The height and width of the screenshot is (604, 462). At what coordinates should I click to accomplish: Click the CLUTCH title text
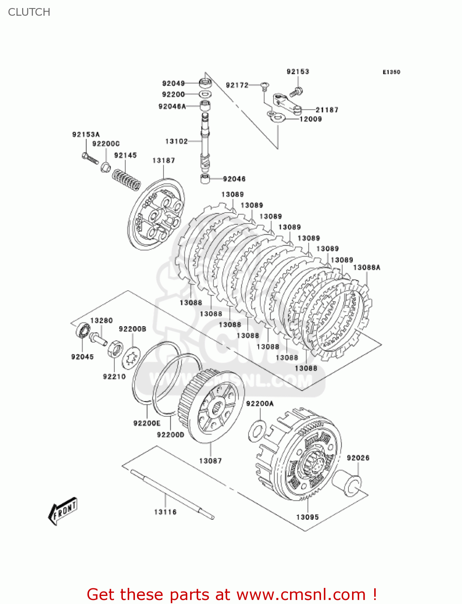point(29,12)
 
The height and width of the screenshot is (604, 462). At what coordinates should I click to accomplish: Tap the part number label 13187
point(164,161)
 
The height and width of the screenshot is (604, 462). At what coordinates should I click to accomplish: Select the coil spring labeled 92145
point(126,180)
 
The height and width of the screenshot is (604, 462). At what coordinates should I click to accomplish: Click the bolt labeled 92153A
point(90,158)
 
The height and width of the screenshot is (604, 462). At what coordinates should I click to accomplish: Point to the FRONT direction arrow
point(63,511)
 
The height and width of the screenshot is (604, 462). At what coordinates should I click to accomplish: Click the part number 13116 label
point(165,512)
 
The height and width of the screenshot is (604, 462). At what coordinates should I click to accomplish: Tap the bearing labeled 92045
point(83,331)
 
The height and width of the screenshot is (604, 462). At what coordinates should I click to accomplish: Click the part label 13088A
point(367,267)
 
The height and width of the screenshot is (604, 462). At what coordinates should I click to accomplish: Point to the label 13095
point(307,517)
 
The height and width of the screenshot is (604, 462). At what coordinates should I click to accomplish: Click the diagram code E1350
point(391,72)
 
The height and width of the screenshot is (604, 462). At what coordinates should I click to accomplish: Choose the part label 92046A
point(172,106)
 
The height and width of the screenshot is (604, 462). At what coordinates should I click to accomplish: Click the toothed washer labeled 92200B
point(131,358)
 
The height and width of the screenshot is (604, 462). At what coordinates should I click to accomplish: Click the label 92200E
point(147,423)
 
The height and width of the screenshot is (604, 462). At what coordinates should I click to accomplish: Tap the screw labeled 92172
point(265,85)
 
